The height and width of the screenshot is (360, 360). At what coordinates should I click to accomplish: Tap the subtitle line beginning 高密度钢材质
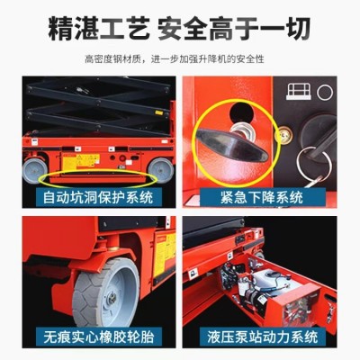tap(180, 59)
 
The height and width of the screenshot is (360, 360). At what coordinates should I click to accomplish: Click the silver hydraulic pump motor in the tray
tap(270, 288)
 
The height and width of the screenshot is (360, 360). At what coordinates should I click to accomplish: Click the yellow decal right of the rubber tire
tap(163, 256)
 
